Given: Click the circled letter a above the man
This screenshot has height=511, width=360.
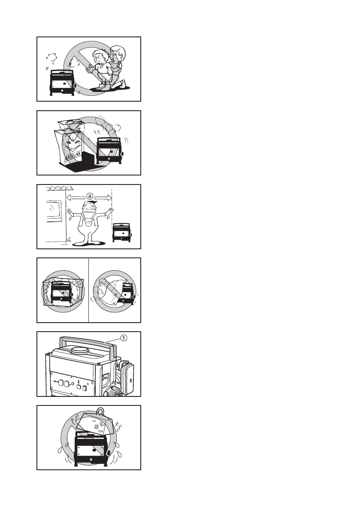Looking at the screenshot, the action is (x=89, y=196).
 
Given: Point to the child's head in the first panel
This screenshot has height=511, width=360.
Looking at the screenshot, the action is (x=99, y=58).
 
